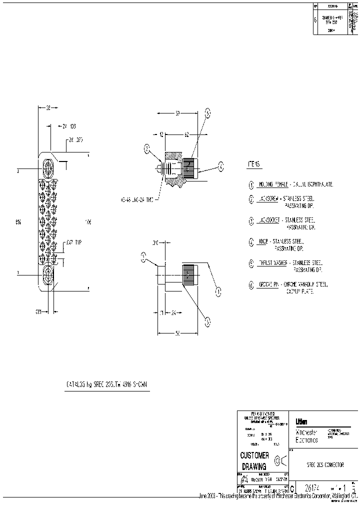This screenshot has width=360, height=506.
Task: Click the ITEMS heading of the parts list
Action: (x=255, y=164)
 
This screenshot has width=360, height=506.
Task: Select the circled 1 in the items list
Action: (x=251, y=184)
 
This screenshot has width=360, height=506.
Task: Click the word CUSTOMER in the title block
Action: (x=255, y=455)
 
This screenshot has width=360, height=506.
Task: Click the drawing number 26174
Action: (x=307, y=487)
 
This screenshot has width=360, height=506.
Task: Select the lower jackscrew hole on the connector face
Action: (x=48, y=274)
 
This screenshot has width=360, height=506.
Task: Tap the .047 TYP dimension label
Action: (x=74, y=242)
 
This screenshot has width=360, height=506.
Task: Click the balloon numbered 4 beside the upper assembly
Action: (x=207, y=113)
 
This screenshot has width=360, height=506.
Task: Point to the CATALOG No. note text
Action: (x=108, y=384)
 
